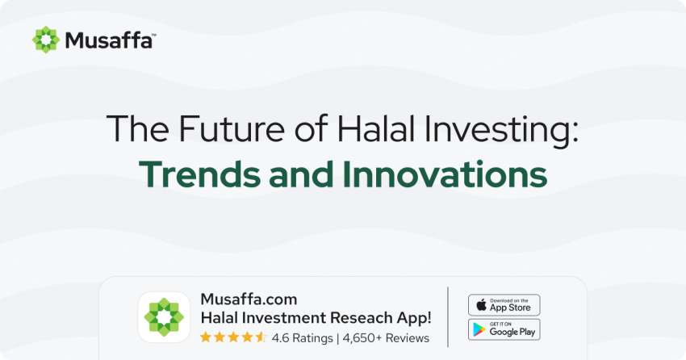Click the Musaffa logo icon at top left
click(46, 40)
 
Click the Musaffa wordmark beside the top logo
click(111, 40)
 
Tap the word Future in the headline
click(232, 128)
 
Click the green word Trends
click(200, 174)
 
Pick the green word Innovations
click(445, 174)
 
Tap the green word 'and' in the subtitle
click(302, 174)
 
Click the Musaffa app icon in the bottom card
click(164, 317)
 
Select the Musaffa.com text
click(249, 299)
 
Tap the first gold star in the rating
click(206, 337)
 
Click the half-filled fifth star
click(261, 337)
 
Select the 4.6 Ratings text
click(303, 338)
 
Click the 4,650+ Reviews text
click(386, 338)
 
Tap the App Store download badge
click(504, 305)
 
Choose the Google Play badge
click(504, 329)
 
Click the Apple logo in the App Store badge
click(481, 304)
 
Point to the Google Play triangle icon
click(479, 329)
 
